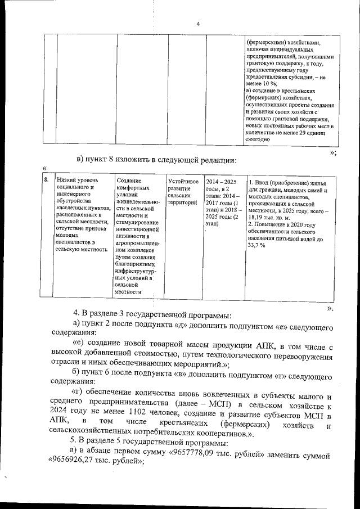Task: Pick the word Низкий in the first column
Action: pos(67,179)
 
